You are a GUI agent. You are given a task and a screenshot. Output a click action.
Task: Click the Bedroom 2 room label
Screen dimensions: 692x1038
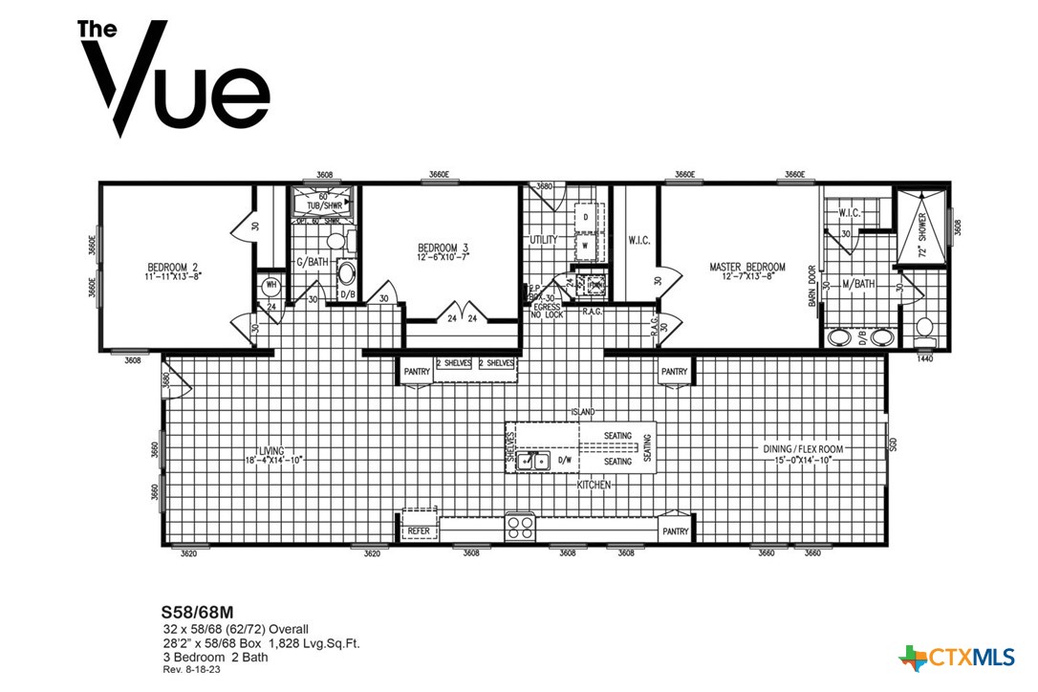point(173,267)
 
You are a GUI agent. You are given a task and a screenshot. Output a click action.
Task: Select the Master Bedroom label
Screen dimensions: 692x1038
point(746,267)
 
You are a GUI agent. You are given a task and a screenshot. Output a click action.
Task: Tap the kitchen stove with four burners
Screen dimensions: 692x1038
point(520,527)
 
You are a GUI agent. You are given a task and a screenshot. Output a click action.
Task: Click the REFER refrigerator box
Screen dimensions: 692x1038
point(419,530)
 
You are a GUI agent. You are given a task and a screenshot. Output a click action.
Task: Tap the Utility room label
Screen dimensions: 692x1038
point(543,240)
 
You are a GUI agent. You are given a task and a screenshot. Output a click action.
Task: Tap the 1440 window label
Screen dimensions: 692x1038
point(924,358)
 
